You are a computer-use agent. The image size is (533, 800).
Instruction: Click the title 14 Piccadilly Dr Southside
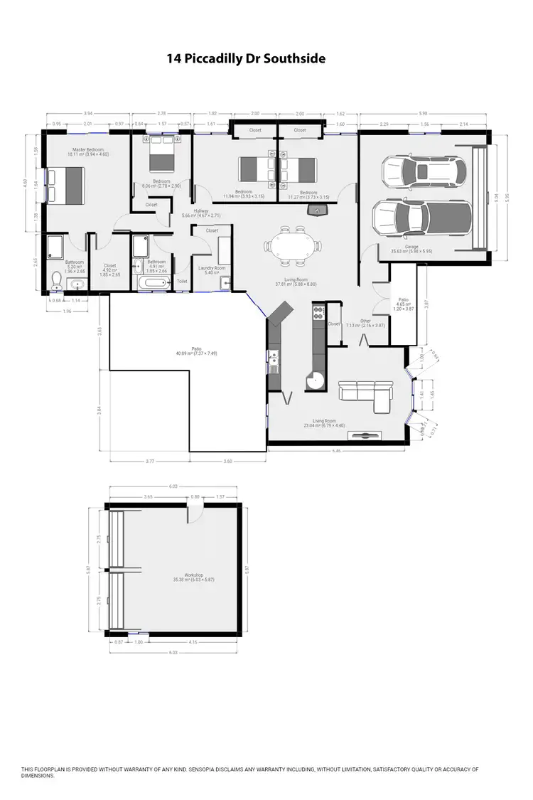click(x=246, y=59)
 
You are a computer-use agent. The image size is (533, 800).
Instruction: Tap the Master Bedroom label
click(x=86, y=151)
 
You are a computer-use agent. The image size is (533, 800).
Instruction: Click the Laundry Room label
click(x=214, y=269)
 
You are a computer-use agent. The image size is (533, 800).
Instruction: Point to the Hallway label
click(x=195, y=212)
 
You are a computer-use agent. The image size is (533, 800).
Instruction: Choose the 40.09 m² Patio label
click(x=186, y=351)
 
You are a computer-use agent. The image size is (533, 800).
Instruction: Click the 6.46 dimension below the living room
click(x=336, y=451)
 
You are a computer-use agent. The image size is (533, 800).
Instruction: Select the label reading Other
click(x=365, y=321)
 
